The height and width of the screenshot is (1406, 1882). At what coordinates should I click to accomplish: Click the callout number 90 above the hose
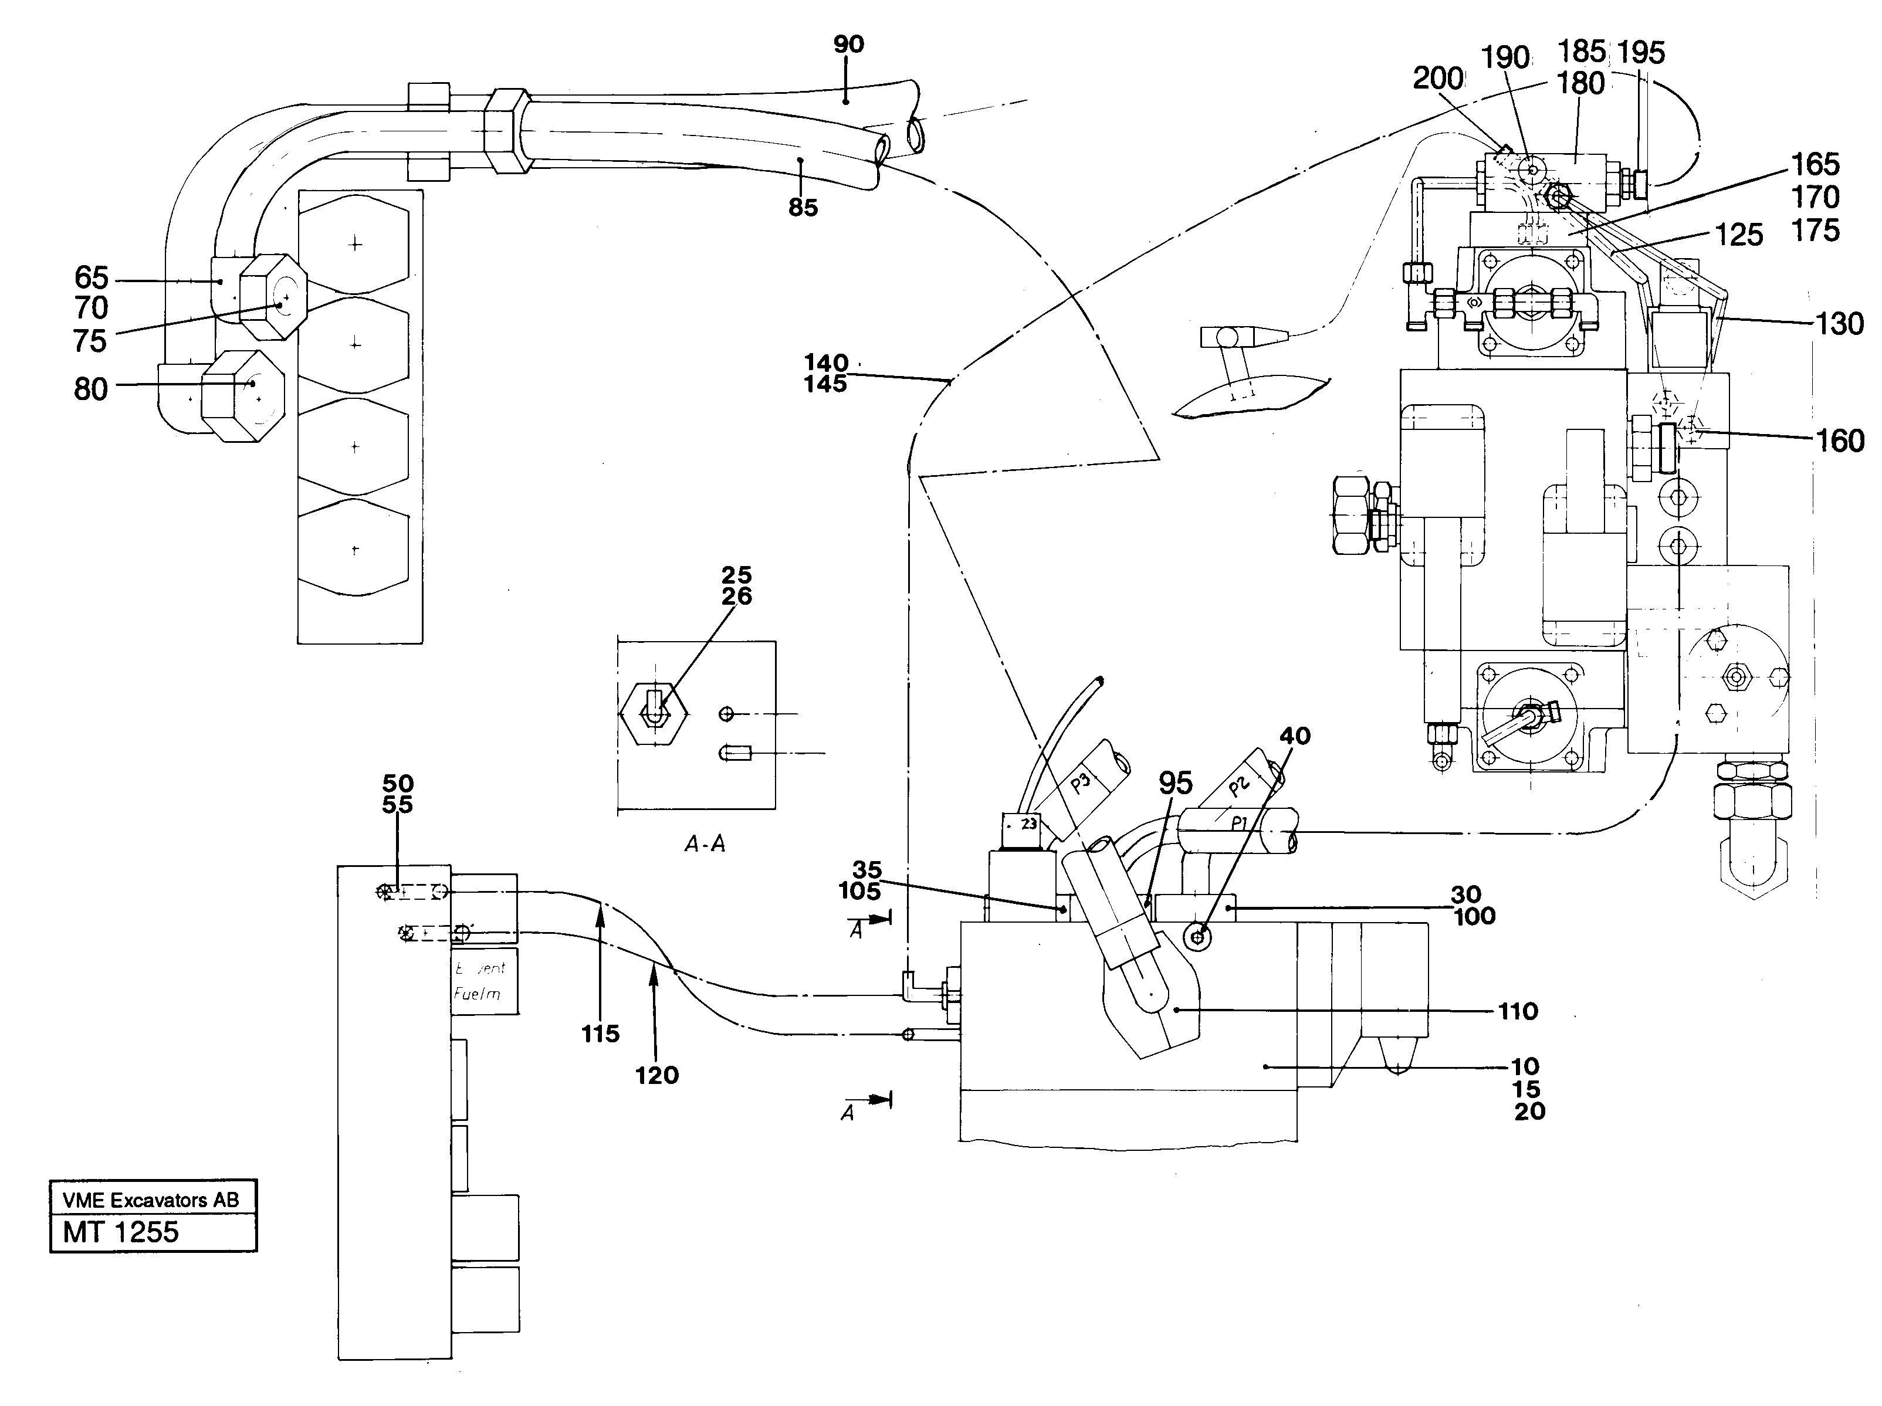(848, 44)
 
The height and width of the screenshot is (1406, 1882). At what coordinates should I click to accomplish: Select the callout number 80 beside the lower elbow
(91, 389)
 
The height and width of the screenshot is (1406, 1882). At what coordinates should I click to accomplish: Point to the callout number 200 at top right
(1438, 78)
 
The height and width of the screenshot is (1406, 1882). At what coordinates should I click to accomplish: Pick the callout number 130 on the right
(1839, 324)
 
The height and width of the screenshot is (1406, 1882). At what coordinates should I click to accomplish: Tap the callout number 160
(1839, 441)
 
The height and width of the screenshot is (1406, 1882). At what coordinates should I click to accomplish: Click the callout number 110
(1518, 1011)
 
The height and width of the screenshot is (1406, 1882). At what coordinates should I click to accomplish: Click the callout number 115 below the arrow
(601, 1034)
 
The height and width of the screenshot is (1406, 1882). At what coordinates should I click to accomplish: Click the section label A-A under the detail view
(705, 845)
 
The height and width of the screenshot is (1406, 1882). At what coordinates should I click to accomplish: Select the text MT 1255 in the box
(121, 1232)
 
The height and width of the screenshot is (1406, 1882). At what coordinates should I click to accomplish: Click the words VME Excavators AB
(151, 1200)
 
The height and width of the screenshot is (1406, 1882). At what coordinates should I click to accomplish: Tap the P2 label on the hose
(1239, 785)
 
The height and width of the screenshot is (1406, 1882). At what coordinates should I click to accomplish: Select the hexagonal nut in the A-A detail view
(654, 714)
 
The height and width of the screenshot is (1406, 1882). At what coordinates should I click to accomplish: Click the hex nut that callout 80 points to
(242, 395)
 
